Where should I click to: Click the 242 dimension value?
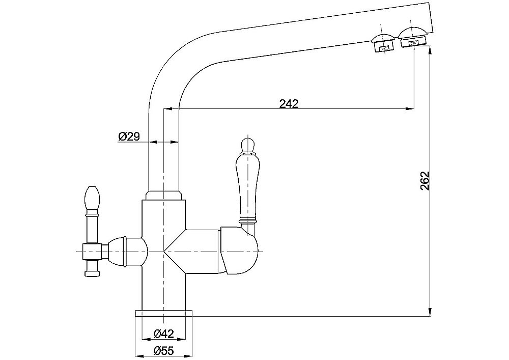[289, 103]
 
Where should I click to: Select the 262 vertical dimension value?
[426, 181]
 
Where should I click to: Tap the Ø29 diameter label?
[129, 136]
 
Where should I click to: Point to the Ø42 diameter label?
[163, 334]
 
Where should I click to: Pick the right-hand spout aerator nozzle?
[413, 39]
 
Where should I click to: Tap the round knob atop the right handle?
[246, 144]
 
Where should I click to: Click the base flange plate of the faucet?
[163, 313]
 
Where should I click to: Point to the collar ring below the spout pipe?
[163, 195]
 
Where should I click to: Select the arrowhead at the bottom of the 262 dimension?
[431, 312]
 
